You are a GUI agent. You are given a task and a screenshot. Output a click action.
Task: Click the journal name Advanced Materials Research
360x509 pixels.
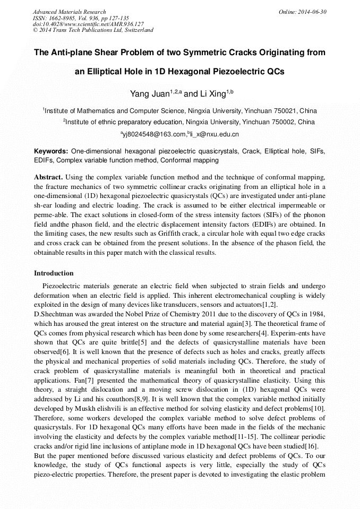click(x=70, y=12)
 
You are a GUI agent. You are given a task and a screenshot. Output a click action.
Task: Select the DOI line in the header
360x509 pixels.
click(x=88, y=24)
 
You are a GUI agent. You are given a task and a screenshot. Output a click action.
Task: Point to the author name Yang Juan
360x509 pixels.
click(x=149, y=94)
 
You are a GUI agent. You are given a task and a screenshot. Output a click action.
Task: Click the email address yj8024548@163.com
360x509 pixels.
click(x=154, y=134)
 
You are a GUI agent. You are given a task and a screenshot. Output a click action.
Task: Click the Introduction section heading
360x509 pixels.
click(x=54, y=273)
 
